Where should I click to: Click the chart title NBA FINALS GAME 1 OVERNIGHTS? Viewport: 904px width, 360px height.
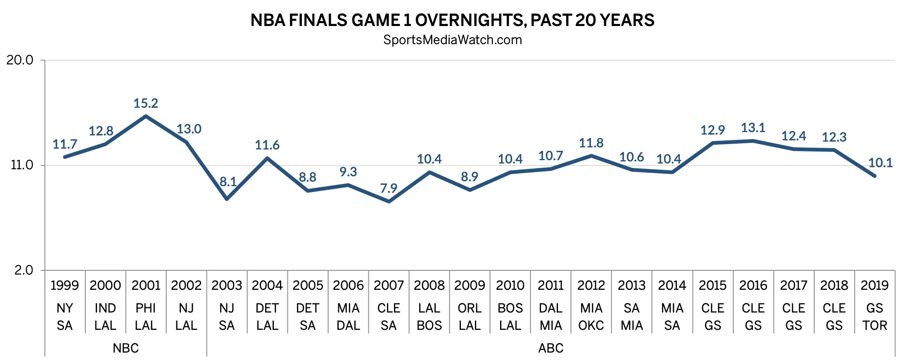[x=452, y=20]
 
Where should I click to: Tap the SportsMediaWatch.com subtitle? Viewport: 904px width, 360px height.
[x=452, y=40]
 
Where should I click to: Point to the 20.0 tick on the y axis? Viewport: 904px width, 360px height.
[x=20, y=60]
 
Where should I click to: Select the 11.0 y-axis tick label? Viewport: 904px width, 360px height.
[x=21, y=165]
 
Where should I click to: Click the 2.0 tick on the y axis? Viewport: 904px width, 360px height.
[x=24, y=270]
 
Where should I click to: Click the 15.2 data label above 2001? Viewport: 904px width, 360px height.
[x=146, y=103]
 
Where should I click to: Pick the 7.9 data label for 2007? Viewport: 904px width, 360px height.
[x=389, y=188]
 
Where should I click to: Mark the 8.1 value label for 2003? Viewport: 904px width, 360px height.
[x=228, y=182]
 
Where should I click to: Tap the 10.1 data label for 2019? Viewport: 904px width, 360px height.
[x=880, y=163]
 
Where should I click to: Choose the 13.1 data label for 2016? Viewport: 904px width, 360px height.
[x=753, y=128]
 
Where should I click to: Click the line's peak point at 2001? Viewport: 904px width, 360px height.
[x=146, y=116]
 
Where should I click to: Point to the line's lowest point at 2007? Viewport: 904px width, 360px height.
[x=389, y=201]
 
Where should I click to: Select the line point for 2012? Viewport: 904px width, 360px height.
[x=591, y=156]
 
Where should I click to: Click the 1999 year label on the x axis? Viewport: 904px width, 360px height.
[x=65, y=285]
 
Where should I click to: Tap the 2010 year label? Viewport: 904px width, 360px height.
[x=510, y=285]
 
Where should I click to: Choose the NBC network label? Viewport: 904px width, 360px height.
[x=126, y=348]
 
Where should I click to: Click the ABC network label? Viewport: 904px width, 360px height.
[x=550, y=348]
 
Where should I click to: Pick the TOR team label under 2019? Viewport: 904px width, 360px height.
[x=875, y=325]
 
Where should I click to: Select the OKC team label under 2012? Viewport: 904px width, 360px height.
[x=591, y=325]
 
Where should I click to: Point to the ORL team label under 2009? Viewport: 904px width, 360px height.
[x=470, y=308]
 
